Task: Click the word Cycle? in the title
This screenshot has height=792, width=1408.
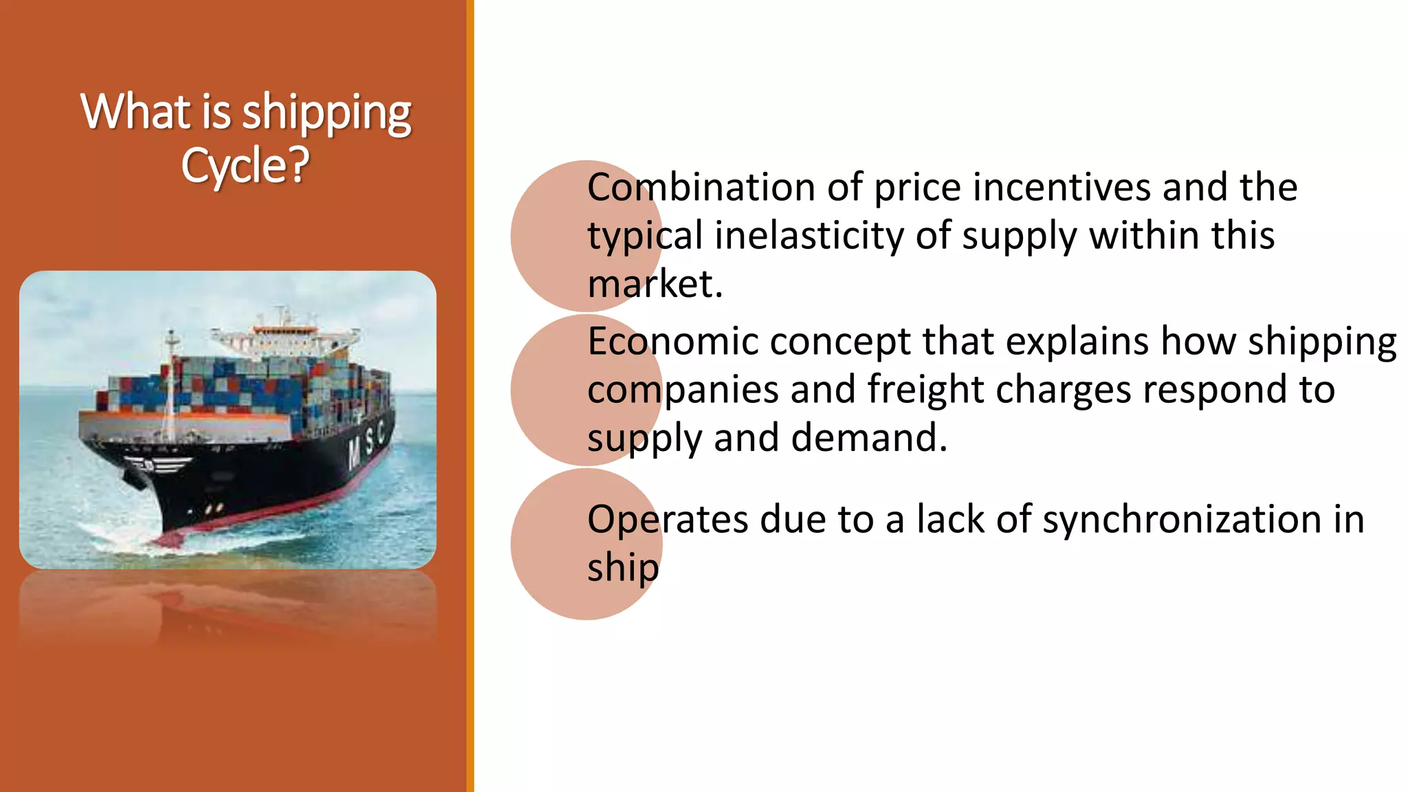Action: (x=245, y=166)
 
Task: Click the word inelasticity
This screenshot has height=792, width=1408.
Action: (x=808, y=235)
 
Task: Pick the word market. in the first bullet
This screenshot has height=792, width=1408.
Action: (x=654, y=284)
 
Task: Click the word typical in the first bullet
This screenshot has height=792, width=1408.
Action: (x=644, y=235)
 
